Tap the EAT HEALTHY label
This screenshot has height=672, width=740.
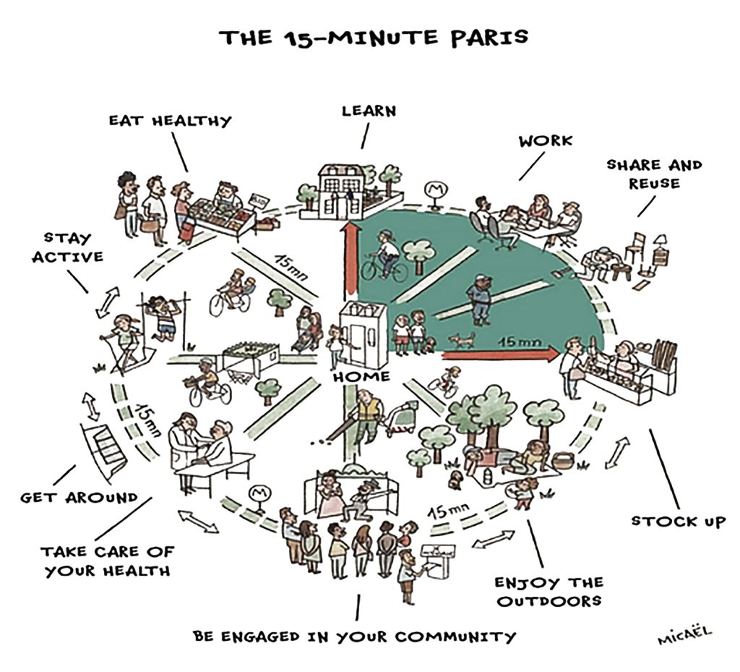171,121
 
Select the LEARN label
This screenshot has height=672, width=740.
369,111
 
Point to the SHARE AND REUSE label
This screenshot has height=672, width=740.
653,174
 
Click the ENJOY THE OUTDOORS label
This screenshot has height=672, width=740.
548,591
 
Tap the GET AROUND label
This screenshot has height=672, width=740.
79,497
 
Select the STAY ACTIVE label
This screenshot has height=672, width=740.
67,247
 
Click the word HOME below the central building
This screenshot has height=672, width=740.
361,377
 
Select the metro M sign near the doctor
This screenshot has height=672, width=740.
257,495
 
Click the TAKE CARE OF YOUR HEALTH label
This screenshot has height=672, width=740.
107,561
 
